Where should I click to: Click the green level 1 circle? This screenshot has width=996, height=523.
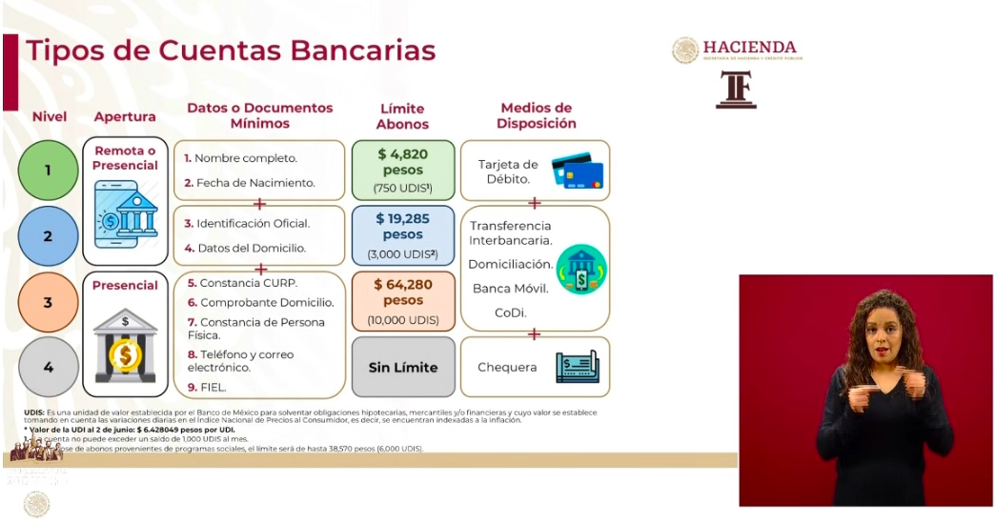click(48, 171)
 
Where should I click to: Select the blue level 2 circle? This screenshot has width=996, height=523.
click(48, 235)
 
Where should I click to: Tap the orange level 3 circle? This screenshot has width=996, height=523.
click(48, 302)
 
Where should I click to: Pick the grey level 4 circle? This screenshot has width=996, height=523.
click(48, 367)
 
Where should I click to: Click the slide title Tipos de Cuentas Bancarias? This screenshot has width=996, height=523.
click(231, 50)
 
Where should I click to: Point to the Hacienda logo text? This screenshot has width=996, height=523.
click(749, 48)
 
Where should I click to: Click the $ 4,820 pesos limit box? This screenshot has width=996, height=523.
click(402, 170)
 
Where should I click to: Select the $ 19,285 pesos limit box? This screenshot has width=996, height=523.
click(402, 235)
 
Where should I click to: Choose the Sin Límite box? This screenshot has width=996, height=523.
click(402, 367)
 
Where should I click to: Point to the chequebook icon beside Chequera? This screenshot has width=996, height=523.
click(577, 367)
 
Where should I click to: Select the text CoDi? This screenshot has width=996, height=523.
click(510, 312)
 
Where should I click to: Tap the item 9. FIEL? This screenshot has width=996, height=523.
click(207, 387)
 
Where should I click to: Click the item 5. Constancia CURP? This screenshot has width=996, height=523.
click(242, 283)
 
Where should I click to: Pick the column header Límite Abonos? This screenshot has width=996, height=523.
click(402, 116)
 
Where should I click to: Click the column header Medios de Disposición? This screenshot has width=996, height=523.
click(536, 115)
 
